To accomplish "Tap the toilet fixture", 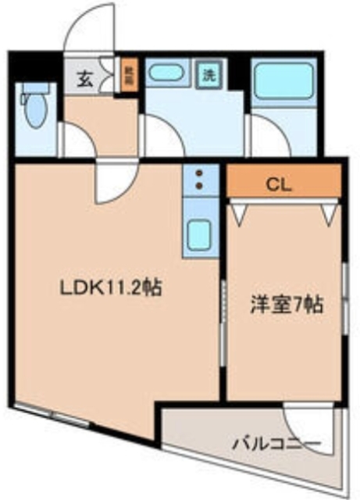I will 33,109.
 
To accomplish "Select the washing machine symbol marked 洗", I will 209,75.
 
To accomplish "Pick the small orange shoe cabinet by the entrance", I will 129,76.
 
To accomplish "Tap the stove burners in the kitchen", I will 198,179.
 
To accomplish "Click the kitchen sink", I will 200,234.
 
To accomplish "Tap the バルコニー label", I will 276,445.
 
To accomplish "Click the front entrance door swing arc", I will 90,30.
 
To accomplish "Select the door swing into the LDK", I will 114,181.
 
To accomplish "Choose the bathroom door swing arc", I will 266,137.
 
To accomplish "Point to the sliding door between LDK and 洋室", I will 223,312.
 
